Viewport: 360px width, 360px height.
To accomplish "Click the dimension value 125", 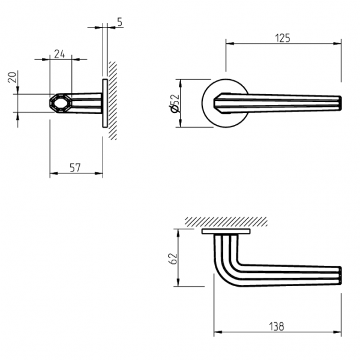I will click(283, 38).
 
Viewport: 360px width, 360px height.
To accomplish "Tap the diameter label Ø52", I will click(175, 103).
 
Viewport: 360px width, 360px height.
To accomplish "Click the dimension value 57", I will click(75, 168).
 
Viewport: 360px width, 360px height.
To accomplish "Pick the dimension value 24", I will click(60, 53).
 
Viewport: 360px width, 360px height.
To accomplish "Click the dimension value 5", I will click(119, 22).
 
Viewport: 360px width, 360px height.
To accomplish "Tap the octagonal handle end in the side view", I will click(57, 103).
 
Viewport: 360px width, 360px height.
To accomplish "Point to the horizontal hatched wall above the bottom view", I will click(225, 221).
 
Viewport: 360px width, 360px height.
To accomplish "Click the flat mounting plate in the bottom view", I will click(226, 231).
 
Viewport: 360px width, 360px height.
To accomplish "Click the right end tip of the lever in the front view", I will click(340, 103).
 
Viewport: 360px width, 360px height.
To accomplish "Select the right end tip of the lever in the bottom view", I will click(340, 275).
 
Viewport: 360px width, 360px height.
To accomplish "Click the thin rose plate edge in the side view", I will click(104, 103).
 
